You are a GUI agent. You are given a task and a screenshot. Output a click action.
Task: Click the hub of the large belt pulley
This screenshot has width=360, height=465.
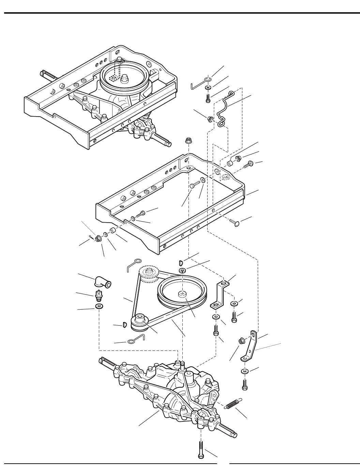coord(183,294)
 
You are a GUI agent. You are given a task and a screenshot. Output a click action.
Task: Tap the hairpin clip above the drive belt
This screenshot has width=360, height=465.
coord(132,263)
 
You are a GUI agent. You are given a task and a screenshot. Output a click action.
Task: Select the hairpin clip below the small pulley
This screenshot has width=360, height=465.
coord(136,340)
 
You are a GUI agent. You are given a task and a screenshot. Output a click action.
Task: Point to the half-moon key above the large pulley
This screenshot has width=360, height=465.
coord(181,262)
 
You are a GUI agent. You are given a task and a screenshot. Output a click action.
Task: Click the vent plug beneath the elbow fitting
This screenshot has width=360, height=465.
coord(99,295)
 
